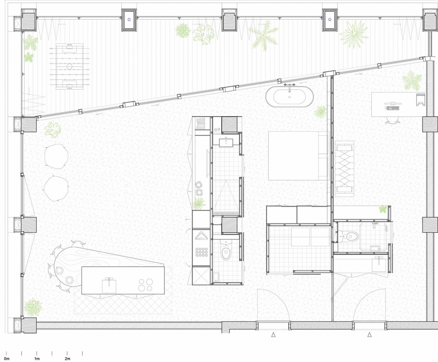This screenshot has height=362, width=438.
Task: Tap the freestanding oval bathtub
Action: click(x=289, y=96)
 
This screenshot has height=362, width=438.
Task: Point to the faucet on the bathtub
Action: click(x=289, y=86)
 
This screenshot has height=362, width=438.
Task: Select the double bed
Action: click(x=298, y=156)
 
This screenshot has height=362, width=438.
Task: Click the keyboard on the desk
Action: click(x=393, y=108)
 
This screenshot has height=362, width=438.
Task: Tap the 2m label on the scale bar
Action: click(x=68, y=359)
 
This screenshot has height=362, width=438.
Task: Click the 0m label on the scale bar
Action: click(x=6, y=359)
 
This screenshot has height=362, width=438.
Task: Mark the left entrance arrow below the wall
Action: click(x=273, y=335)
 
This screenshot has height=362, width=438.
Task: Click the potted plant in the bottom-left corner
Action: click(x=33, y=307)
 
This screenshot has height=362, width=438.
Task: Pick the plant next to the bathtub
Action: click(x=321, y=111)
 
